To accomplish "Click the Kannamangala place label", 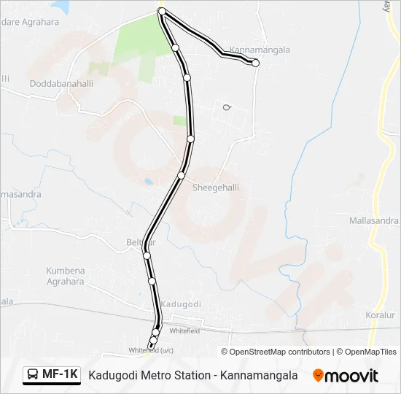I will point(260,50).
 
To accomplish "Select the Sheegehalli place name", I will point(215,188).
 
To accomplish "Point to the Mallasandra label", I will point(373,220).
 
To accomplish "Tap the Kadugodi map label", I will point(180,304).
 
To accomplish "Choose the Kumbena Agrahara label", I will point(66,275).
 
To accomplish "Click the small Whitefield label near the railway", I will point(184,331).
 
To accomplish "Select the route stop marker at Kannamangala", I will point(255,63).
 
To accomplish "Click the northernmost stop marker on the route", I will point(162,12).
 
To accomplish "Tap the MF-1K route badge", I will point(51,375).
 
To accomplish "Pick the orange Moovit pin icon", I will point(319,376).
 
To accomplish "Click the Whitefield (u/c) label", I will point(151,350).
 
